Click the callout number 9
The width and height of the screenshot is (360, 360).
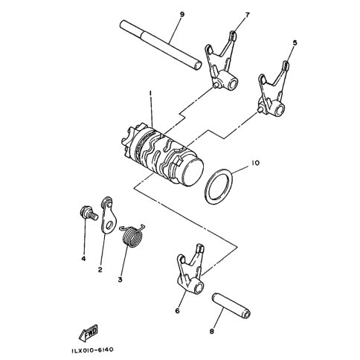tap(182, 14)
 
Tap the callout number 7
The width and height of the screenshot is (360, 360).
tap(247, 15)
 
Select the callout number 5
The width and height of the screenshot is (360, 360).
tap(295, 43)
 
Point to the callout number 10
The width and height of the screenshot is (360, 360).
tap(255, 163)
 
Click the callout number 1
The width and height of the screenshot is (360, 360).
tap(150, 93)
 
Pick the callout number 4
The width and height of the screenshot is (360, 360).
tap(83, 259)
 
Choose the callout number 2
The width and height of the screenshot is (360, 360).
tap(100, 269)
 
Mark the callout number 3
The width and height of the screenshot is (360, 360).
tap(120, 280)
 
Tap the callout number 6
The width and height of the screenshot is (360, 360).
tap(177, 310)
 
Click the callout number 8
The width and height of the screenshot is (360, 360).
tap(211, 331)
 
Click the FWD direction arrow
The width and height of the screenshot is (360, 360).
tap(89, 332)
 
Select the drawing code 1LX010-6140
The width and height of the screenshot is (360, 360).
tap(92, 350)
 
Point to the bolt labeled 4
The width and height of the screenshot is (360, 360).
tap(89, 213)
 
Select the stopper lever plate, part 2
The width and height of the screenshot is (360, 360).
tap(109, 215)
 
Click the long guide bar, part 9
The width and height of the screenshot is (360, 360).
tap(160, 45)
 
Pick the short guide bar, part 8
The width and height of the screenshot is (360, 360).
tap(231, 306)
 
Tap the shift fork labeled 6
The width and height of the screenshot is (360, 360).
tap(190, 273)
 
